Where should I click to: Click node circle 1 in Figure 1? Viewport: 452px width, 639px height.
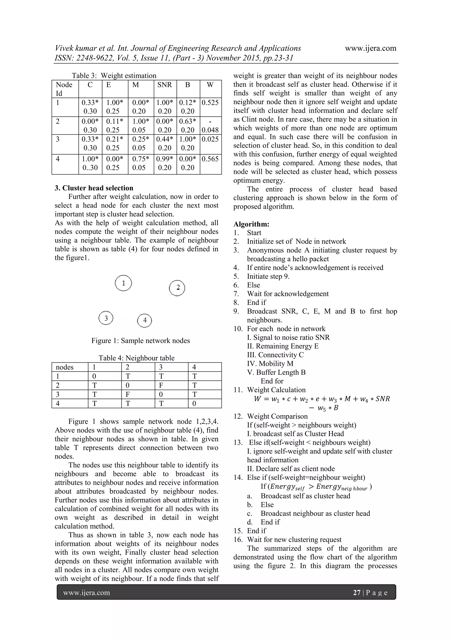(123, 283)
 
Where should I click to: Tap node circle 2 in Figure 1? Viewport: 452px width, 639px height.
(177, 288)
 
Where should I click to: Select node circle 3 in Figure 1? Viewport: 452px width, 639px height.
(106, 318)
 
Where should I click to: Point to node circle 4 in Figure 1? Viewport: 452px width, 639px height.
(145, 320)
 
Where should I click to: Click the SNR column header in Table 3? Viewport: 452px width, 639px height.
(165, 85)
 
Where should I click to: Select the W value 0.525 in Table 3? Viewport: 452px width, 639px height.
(210, 103)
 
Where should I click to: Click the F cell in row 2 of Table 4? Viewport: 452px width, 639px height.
(161, 386)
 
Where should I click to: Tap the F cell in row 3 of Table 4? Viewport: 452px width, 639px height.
(128, 394)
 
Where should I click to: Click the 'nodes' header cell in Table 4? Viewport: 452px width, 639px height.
(65, 367)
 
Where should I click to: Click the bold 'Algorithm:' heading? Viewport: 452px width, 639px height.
(251, 224)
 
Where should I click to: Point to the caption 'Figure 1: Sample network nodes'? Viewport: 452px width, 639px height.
(141, 341)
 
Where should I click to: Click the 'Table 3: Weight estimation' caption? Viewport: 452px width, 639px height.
(114, 76)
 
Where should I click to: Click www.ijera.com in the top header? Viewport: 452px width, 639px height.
(370, 49)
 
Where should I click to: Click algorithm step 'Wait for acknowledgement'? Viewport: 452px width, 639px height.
(288, 294)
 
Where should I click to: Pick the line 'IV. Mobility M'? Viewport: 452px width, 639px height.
(270, 364)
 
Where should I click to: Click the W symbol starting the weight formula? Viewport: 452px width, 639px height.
(257, 399)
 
